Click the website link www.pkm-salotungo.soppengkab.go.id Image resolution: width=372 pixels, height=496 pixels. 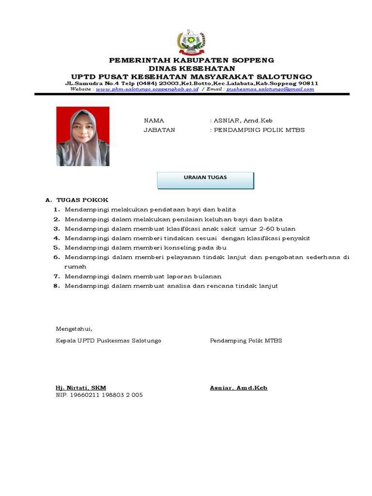[x=147, y=89]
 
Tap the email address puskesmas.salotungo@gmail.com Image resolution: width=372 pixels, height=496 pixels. [x=270, y=89]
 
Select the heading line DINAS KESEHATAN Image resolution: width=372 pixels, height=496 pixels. [x=191, y=68]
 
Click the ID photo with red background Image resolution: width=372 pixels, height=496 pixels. [x=83, y=137]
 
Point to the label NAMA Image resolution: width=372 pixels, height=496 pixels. [x=154, y=121]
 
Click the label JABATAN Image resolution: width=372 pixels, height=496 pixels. [x=159, y=130]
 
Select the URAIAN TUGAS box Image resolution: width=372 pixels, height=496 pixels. [x=205, y=180]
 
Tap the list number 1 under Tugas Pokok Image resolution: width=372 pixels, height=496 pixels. [x=57, y=210]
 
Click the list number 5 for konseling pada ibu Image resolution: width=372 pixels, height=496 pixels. [x=57, y=248]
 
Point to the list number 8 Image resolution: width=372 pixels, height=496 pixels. [x=57, y=286]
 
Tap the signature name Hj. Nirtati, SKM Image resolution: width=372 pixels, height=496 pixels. [x=81, y=388]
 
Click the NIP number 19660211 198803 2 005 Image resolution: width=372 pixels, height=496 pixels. [x=99, y=395]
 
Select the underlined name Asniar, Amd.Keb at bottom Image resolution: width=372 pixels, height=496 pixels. [x=238, y=388]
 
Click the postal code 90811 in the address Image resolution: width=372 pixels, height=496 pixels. [x=308, y=83]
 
